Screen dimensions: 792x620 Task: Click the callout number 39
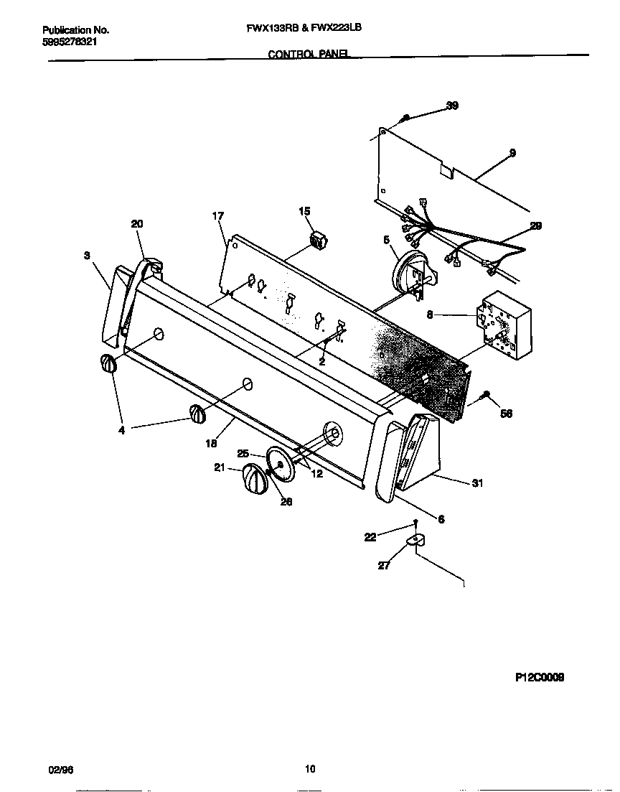point(452,106)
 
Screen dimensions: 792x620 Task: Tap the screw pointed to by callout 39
point(405,117)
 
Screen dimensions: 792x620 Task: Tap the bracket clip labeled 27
point(415,540)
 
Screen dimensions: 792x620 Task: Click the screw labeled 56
point(487,395)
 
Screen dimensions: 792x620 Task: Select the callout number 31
point(477,483)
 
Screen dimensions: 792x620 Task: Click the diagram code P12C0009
point(540,676)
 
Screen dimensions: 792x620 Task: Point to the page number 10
point(310,769)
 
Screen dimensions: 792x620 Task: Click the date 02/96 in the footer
point(59,769)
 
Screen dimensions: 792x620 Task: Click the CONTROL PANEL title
point(309,54)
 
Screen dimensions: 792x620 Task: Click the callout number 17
point(218,215)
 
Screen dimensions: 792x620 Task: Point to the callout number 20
point(137,224)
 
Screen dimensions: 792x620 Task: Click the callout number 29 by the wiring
point(535,225)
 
